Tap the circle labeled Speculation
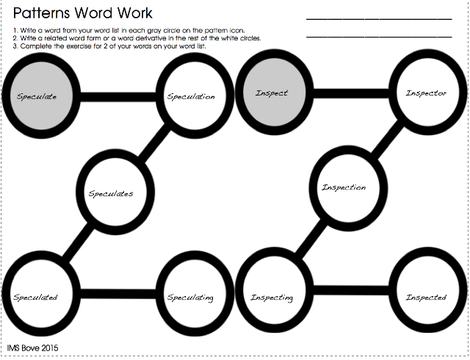click(x=191, y=96)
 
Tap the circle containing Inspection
click(x=344, y=187)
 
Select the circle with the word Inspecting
click(x=272, y=297)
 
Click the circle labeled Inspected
click(x=426, y=297)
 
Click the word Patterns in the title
click(x=45, y=13)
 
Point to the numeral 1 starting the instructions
click(x=15, y=30)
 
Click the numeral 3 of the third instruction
click(x=15, y=46)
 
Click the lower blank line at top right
click(x=378, y=35)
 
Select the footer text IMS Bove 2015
click(x=32, y=348)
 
